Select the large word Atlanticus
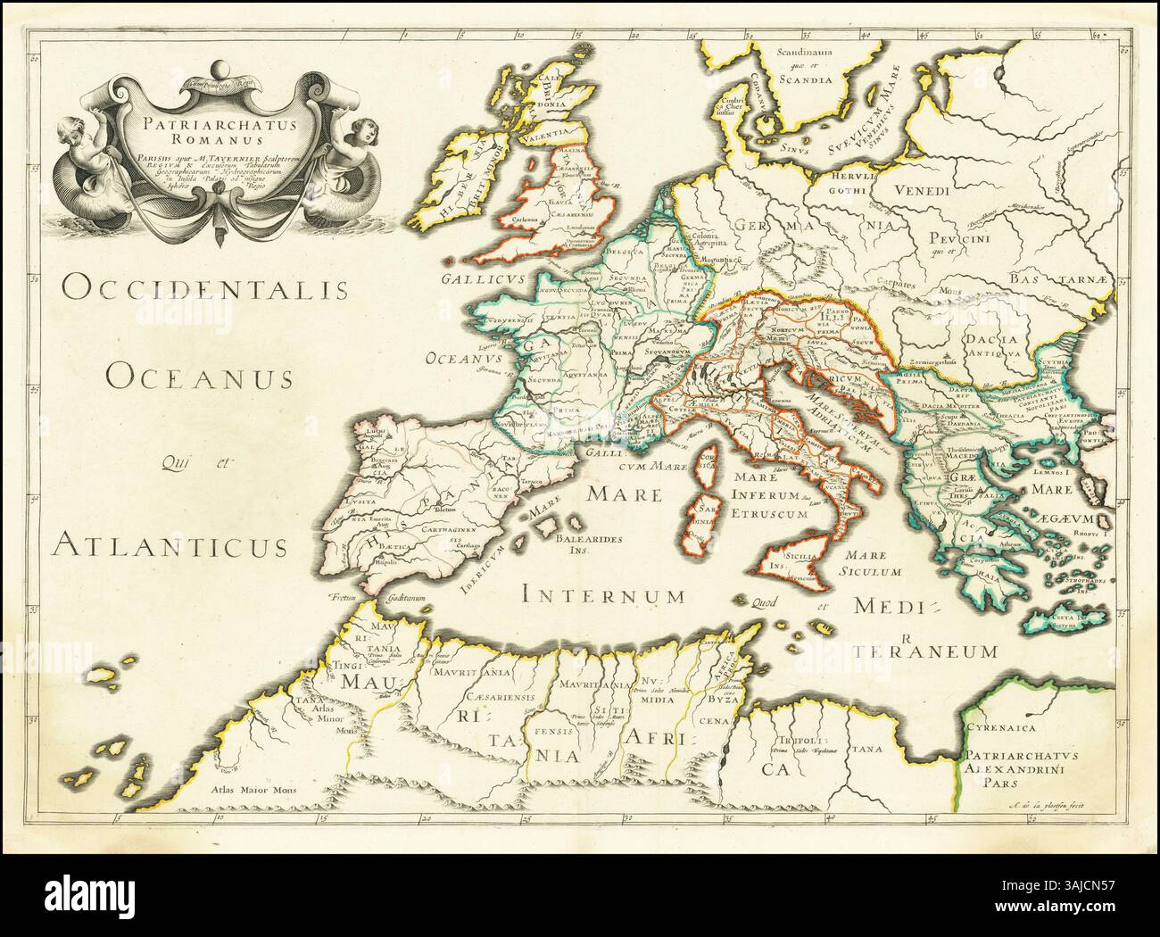coord(170,542)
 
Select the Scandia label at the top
coord(803,78)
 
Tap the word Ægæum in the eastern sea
coord(1071,515)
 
